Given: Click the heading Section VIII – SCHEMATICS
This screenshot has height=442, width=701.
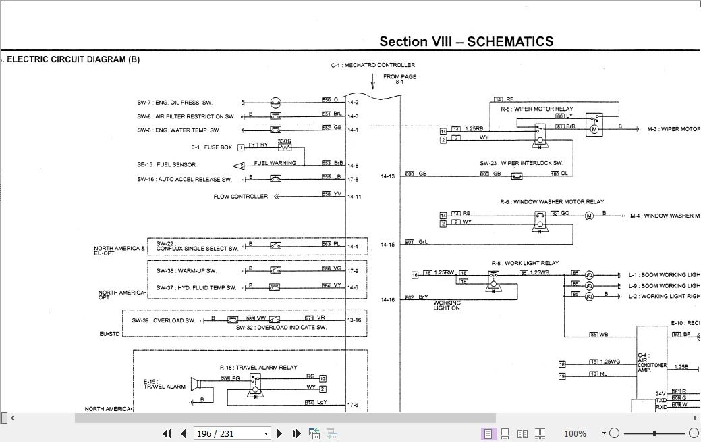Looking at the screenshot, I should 466,41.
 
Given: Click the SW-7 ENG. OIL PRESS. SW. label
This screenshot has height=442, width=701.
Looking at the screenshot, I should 174,103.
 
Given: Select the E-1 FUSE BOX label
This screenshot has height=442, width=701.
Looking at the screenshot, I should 211,147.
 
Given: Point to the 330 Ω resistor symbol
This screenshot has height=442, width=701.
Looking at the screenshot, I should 285,146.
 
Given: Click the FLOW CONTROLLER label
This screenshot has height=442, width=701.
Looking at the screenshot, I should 240,197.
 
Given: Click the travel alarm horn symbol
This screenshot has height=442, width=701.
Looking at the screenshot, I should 197,385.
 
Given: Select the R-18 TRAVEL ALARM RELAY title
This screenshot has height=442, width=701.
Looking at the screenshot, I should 258,368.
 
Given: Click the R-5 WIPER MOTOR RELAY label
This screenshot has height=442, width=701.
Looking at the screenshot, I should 536,109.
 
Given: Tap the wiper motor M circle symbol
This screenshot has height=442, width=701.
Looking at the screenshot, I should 594,128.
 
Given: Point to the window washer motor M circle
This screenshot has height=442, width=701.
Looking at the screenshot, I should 588,216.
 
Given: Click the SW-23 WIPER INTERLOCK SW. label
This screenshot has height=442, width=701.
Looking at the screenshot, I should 521,163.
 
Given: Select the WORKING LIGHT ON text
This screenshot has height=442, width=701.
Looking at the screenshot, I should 447,305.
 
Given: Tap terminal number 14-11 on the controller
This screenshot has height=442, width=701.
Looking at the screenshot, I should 354,197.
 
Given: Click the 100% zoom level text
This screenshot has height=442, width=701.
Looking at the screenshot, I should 574,433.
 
